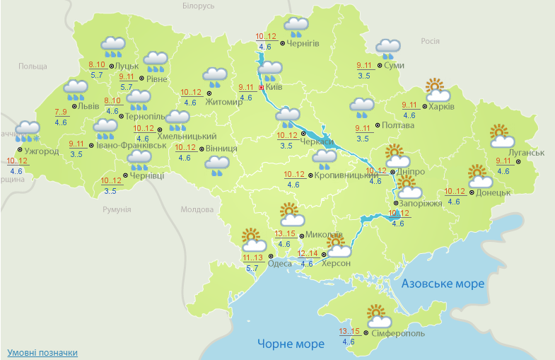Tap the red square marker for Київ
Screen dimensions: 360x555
(x=262, y=87)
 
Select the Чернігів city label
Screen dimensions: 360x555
(x=303, y=44)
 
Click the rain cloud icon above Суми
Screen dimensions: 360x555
(x=387, y=48)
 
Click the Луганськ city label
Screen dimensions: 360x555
(x=525, y=153)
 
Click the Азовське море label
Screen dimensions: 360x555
(x=443, y=284)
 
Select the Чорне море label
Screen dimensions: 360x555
(x=291, y=344)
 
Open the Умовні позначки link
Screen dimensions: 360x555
(x=42, y=352)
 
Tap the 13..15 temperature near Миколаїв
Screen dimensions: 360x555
(x=285, y=234)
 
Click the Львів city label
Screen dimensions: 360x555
(x=88, y=106)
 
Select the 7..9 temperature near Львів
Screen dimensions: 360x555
(x=61, y=112)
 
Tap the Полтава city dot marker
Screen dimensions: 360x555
(x=377, y=125)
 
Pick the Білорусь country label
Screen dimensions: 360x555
(x=198, y=6)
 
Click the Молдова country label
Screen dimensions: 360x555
(x=197, y=210)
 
